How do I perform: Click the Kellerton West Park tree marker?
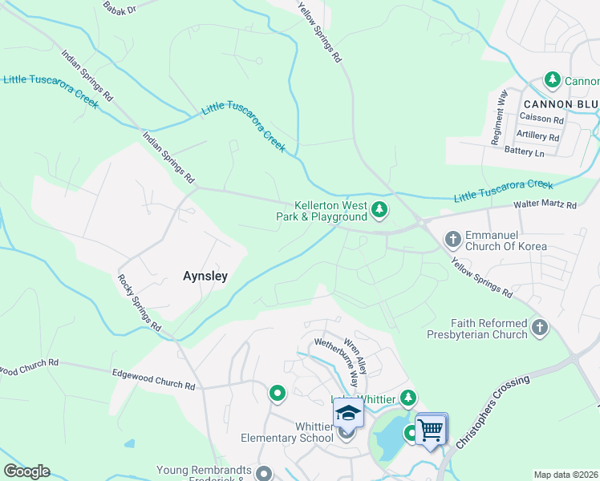coord(379,212)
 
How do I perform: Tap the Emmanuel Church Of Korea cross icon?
coord(453,239)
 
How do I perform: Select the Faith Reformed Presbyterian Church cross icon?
coord(540,327)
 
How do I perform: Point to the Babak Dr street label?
coord(121,8)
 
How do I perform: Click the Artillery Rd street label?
coord(537,135)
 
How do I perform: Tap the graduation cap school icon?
coord(348,413)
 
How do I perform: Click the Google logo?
coord(26,471)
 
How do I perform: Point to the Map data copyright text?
coord(566,475)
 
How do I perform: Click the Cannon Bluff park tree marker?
coord(552,80)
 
